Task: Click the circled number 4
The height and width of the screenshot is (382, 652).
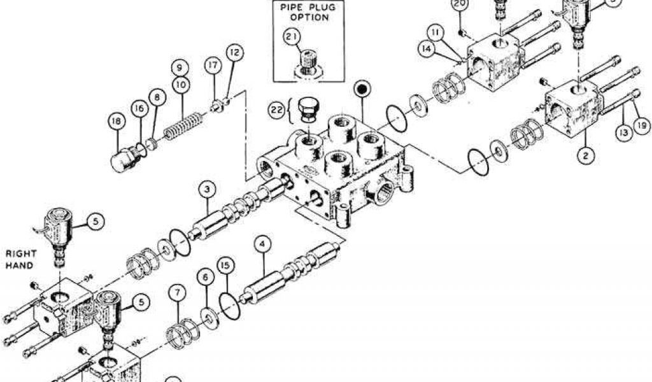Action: pos(260,243)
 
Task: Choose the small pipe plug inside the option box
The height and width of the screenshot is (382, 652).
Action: pos(308,62)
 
